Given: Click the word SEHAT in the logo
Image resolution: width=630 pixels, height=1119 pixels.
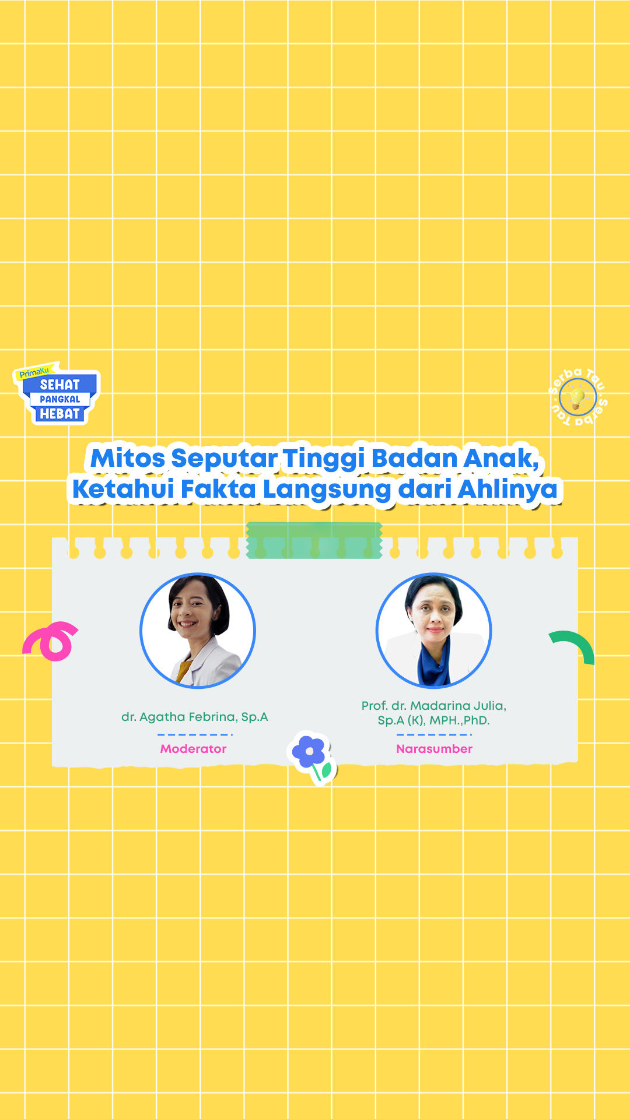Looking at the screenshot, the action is [x=60, y=385].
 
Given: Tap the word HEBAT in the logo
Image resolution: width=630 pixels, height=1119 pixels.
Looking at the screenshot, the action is [x=60, y=414].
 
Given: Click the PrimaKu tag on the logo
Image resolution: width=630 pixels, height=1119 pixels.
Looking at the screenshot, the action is [x=34, y=372].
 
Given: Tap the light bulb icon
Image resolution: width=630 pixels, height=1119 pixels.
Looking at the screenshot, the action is [x=577, y=398].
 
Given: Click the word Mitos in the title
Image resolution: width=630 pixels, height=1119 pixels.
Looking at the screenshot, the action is [x=128, y=458].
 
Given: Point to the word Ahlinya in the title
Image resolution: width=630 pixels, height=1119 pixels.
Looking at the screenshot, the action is [x=508, y=490].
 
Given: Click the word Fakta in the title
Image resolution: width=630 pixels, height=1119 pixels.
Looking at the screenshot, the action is [x=218, y=489].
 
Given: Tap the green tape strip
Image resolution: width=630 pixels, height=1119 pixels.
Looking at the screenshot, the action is [x=314, y=540].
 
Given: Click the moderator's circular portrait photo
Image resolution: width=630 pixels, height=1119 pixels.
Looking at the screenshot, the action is [x=198, y=630].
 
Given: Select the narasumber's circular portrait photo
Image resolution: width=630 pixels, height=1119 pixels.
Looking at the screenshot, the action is [x=433, y=630].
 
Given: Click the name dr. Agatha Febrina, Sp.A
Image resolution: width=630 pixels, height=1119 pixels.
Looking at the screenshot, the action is [x=194, y=717].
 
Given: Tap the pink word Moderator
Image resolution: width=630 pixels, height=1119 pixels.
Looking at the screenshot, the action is [x=193, y=749].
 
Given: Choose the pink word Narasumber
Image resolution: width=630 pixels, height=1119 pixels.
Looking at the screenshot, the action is [x=434, y=749].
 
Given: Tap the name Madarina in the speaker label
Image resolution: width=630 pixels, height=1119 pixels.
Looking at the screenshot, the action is [x=439, y=706].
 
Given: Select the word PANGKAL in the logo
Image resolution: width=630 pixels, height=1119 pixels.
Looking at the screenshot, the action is [x=60, y=399].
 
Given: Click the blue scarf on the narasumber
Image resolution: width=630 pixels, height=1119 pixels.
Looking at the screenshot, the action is [x=433, y=661].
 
